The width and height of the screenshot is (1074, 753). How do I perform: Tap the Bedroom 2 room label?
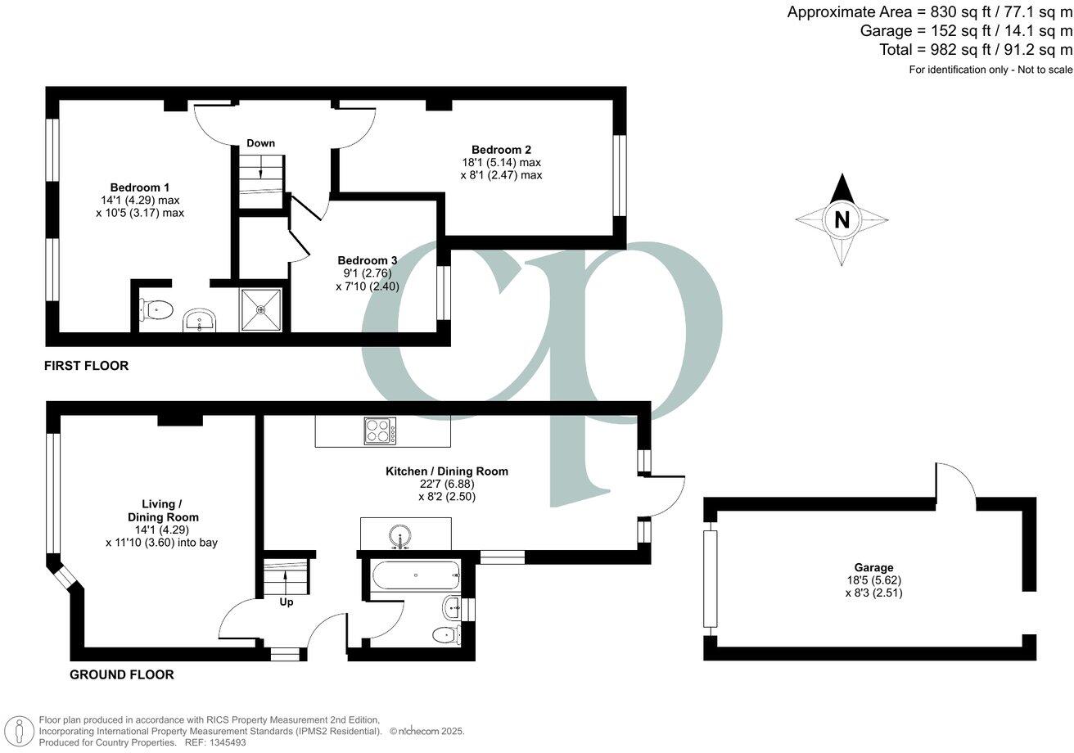501,150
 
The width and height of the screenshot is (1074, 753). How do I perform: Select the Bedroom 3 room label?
367,260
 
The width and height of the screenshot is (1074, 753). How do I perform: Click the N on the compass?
842,220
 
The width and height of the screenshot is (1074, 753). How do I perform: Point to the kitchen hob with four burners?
380,431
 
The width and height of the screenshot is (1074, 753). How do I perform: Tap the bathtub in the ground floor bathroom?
416,575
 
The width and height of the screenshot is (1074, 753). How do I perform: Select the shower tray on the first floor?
261,309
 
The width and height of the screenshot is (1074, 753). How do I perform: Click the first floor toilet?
157,309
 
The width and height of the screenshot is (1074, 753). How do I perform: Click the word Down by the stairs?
260,143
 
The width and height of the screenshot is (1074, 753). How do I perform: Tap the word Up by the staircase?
287,602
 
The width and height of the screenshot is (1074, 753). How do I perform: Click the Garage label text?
873,567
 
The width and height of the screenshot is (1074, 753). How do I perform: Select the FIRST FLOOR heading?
86,366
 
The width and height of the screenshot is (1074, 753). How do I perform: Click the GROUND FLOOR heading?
121,675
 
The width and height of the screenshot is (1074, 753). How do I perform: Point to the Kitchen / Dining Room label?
447,471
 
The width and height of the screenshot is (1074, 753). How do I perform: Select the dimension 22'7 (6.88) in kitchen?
447,484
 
